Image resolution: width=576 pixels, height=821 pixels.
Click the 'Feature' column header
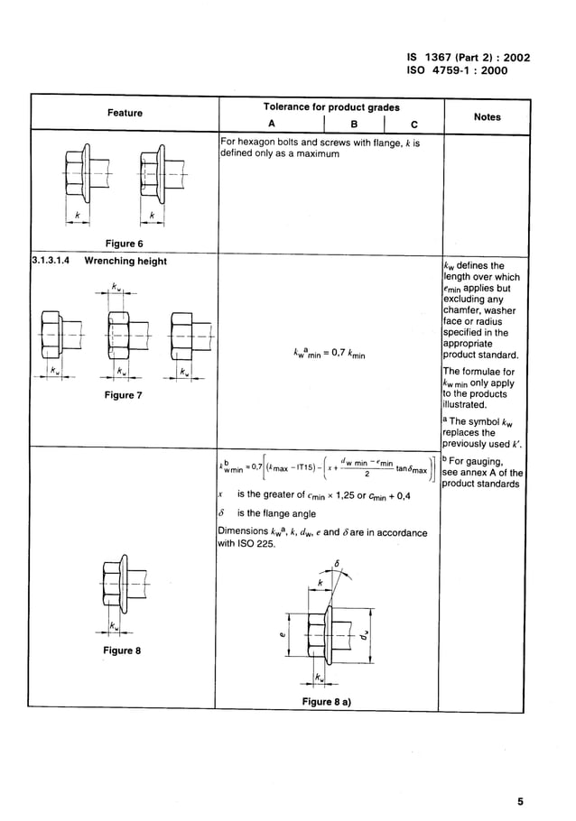pos(125,113)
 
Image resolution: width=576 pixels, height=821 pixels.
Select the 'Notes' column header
pos(487,117)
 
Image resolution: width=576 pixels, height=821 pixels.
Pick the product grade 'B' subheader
pos(355,125)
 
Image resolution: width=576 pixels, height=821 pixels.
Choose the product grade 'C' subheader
pos(413,125)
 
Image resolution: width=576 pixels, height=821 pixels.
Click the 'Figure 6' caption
pos(125,244)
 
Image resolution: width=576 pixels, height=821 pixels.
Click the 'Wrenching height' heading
pos(125,262)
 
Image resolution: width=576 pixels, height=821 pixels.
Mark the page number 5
pos(520,800)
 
